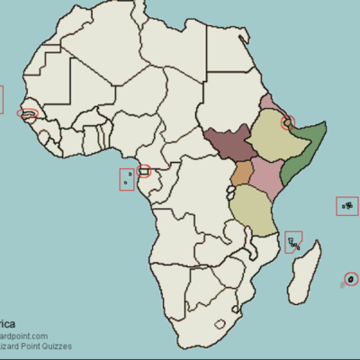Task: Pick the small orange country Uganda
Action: point(241,174)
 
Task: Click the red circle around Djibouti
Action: point(289,122)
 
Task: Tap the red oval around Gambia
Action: point(30,114)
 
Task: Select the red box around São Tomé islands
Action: point(127,179)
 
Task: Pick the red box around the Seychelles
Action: point(346,206)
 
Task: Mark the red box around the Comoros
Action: point(293,242)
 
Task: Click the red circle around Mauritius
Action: point(351,278)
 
